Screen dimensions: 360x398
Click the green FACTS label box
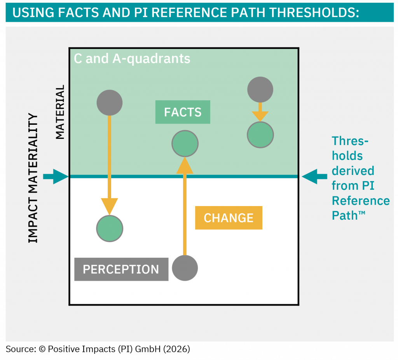[183, 112]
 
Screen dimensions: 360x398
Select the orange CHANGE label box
[229, 218]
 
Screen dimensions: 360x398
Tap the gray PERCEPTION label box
[121, 269]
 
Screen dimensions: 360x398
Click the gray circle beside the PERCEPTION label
[185, 268]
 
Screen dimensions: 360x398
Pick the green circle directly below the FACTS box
[185, 144]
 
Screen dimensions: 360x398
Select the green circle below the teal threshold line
[110, 229]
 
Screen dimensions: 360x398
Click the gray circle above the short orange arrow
[260, 90]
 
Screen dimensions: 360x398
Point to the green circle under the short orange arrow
[260, 135]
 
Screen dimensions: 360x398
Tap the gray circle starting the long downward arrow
[110, 103]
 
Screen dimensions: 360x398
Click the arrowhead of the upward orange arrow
[185, 165]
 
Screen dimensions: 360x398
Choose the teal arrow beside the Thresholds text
[314, 177]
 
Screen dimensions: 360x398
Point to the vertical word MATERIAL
[60, 112]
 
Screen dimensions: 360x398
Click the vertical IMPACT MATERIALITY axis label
[34, 178]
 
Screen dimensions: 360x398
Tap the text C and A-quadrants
[132, 59]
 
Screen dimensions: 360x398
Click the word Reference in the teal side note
[361, 201]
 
